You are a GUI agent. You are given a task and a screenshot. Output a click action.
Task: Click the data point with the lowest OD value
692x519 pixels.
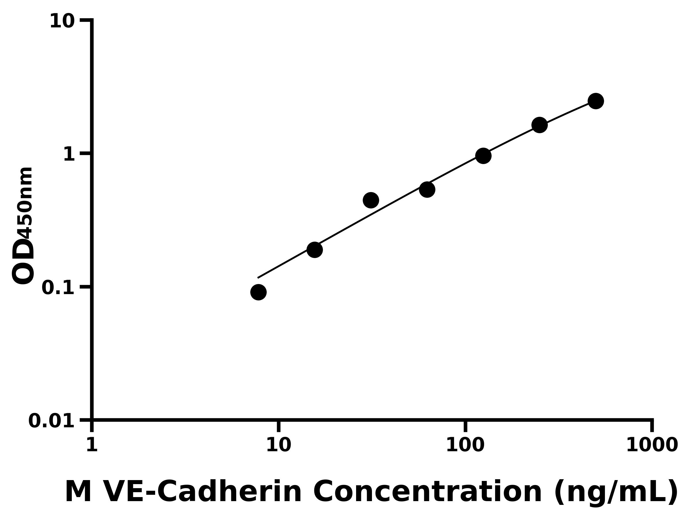tap(258, 292)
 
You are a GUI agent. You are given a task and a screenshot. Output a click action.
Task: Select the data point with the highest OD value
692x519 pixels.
tap(596, 101)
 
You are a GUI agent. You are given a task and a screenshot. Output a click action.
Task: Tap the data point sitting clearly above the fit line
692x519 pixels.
tap(371, 200)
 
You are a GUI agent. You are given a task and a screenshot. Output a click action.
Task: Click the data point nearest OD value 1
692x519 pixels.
tap(483, 156)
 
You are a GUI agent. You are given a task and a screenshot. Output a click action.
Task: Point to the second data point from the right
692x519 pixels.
tap(539, 125)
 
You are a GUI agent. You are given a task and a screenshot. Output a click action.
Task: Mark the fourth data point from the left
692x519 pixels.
tap(427, 189)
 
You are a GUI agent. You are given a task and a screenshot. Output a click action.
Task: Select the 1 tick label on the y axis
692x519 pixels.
tap(69, 155)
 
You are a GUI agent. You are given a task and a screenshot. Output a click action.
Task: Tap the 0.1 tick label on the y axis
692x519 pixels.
tap(58, 287)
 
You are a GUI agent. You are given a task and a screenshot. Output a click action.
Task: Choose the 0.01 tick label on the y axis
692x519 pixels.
tap(52, 421)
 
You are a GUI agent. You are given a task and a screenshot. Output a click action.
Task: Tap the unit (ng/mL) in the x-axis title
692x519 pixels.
tap(616, 493)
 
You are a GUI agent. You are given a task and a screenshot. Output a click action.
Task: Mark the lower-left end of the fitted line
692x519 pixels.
tap(258, 277)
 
